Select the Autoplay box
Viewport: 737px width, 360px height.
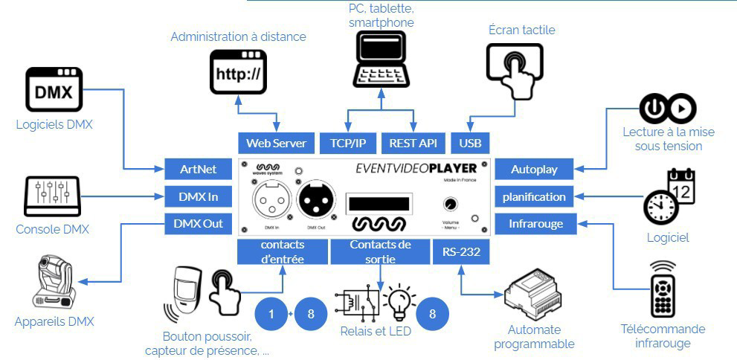pyautogui.click(x=534, y=170)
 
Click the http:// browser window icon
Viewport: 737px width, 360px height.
pyautogui.click(x=238, y=72)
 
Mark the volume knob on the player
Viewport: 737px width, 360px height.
pyautogui.click(x=450, y=205)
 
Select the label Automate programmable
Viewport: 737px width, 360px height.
pyautogui.click(x=535, y=336)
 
